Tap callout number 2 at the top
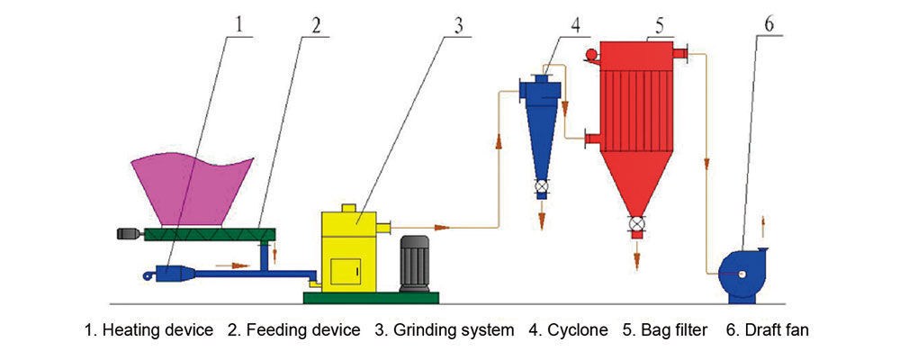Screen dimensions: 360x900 click(x=316, y=24)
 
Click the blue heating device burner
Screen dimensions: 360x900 click(x=171, y=273)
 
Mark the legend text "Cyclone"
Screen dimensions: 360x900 click(x=576, y=330)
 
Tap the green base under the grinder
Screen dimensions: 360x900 click(x=371, y=297)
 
